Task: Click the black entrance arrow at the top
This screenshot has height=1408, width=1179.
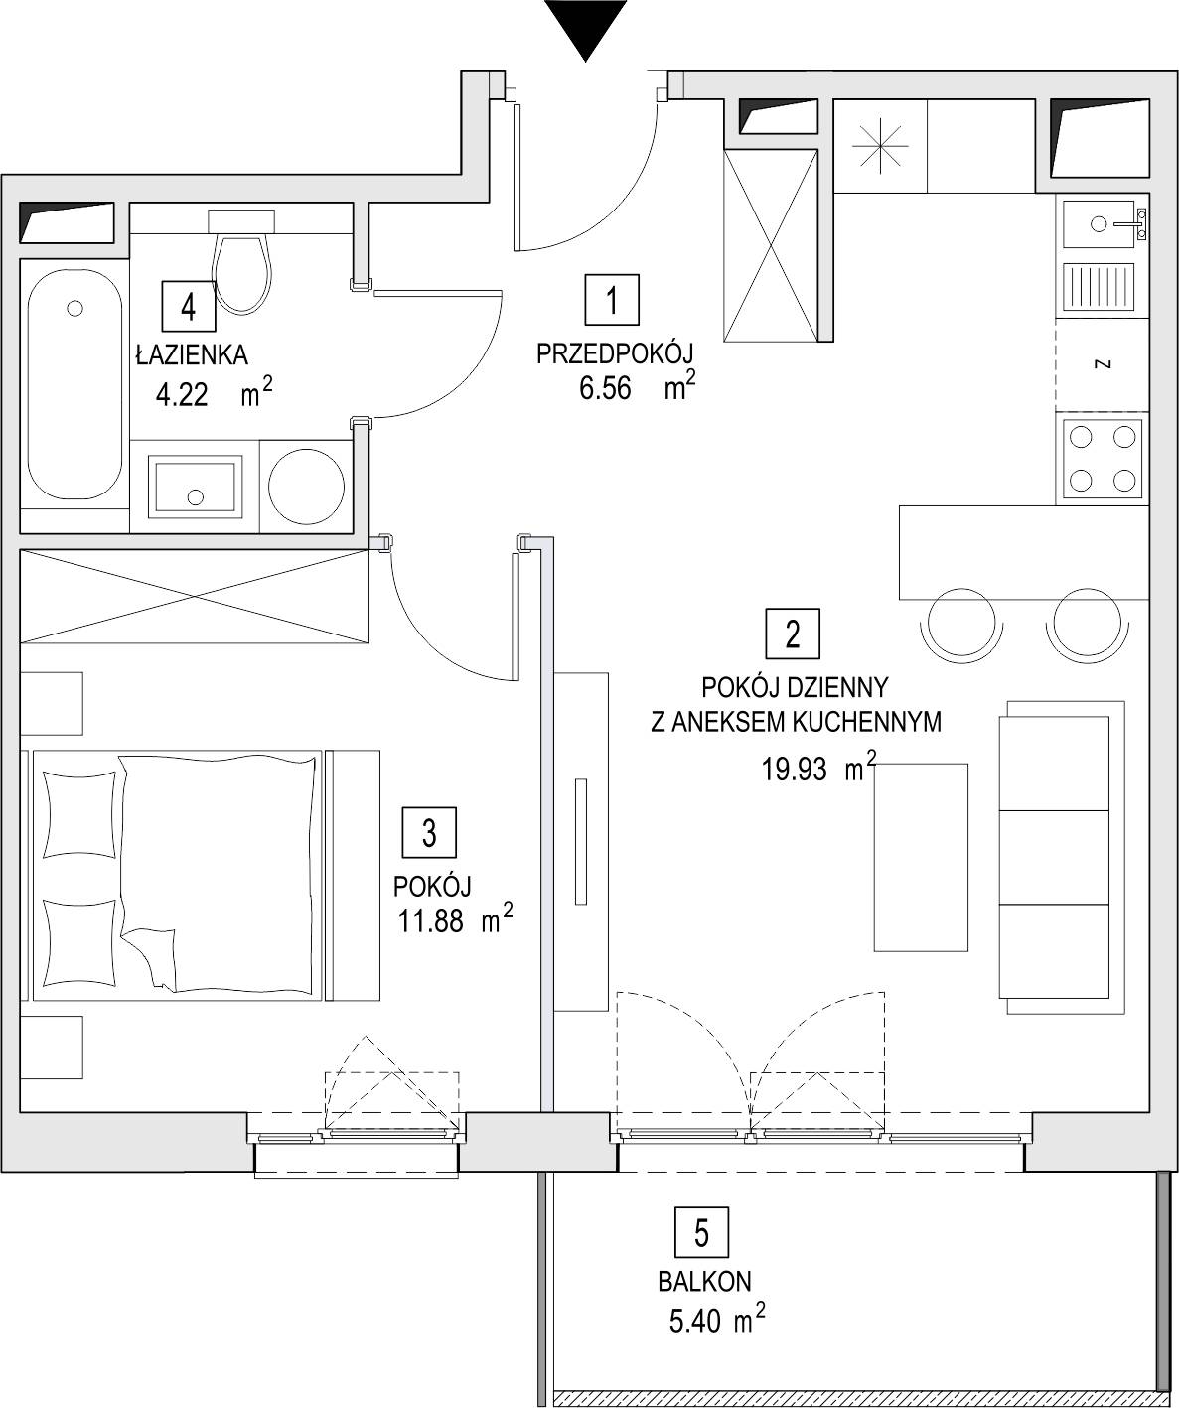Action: (585, 27)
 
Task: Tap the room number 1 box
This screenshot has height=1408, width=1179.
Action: (611, 300)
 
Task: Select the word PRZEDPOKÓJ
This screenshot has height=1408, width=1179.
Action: (615, 354)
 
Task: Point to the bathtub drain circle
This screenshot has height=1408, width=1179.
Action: (74, 308)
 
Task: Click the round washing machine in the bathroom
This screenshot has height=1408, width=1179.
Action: (306, 485)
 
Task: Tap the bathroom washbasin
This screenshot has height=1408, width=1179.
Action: (195, 486)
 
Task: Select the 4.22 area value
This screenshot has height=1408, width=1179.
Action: (182, 394)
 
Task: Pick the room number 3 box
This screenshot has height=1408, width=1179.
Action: (429, 833)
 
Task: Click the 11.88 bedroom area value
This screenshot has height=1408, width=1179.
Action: (430, 920)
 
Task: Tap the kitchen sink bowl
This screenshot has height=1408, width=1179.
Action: (1099, 224)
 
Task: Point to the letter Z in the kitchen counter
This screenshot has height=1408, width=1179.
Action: (1104, 364)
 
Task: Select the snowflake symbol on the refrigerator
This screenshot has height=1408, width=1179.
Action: (879, 146)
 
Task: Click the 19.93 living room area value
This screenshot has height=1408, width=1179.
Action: (794, 769)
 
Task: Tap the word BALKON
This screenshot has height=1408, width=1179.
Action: (705, 1282)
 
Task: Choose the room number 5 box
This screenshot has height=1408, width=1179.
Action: (701, 1234)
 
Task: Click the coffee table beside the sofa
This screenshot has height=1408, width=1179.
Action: (921, 857)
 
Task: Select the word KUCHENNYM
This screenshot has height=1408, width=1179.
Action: (866, 722)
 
